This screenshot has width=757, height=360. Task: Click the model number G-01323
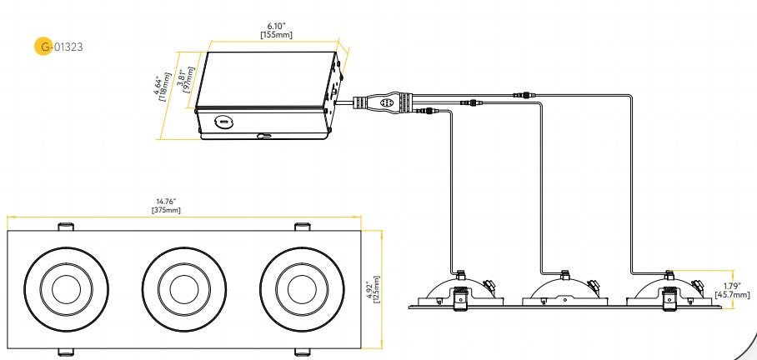pos(58,47)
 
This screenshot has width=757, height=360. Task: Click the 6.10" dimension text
pos(276,27)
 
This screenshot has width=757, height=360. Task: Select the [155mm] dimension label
pos(276,35)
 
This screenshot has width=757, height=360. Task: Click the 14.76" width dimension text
pos(166,201)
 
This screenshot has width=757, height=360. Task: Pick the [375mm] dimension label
pos(166,210)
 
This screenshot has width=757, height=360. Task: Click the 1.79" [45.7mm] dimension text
pos(732,290)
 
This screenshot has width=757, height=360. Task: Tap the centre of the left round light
pos(66,289)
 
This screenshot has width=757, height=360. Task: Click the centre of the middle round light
pos(184,289)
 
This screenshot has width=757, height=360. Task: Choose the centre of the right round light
pos(303,289)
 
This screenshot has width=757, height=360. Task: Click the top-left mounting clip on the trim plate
pos(66,227)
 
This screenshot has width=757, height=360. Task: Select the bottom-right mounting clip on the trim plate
pos(303,352)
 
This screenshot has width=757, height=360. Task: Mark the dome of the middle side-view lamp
pos(563,289)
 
